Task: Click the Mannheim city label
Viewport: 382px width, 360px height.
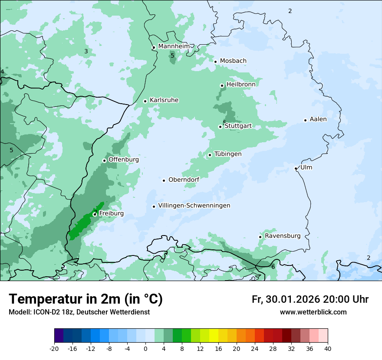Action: click(174, 46)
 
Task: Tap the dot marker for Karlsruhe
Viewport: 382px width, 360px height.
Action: click(145, 101)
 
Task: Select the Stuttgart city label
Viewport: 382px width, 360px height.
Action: click(238, 126)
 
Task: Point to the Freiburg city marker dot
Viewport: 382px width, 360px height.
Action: click(95, 214)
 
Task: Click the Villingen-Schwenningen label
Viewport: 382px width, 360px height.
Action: click(194, 206)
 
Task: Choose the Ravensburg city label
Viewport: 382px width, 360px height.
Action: click(283, 236)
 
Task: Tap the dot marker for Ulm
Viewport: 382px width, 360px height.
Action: click(296, 168)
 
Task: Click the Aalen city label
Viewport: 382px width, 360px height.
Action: click(318, 119)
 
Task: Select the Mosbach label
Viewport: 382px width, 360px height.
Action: click(233, 61)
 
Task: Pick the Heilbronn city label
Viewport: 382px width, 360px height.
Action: click(241, 84)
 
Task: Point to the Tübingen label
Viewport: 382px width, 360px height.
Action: click(228, 154)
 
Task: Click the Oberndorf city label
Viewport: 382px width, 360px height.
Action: click(184, 180)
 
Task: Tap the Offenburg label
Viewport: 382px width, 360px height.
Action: click(124, 160)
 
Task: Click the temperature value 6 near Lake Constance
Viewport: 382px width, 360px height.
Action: click(273, 267)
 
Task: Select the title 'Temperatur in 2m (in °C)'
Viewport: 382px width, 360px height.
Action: click(86, 299)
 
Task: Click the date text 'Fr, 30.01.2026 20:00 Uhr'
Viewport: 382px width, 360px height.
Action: click(310, 299)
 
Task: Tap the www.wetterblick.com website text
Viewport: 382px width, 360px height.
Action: click(313, 312)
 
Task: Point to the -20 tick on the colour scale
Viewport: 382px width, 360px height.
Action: click(54, 348)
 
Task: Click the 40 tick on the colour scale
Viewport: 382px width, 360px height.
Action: click(327, 348)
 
